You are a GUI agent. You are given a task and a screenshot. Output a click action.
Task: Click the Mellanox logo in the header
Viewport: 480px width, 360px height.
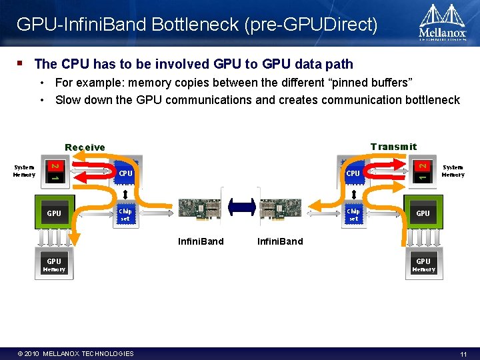(442, 23)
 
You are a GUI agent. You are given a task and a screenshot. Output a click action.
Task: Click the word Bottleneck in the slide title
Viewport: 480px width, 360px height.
(196, 25)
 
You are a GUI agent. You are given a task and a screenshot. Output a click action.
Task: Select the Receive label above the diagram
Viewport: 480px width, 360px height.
(85, 147)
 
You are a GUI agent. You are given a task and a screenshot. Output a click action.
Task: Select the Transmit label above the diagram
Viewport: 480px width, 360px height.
(393, 147)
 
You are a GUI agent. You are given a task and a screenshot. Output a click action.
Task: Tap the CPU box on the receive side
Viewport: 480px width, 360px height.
(125, 174)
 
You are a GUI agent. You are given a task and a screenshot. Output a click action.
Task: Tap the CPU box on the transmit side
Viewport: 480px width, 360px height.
(353, 173)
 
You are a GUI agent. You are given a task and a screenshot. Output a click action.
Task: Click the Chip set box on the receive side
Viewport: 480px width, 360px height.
(125, 214)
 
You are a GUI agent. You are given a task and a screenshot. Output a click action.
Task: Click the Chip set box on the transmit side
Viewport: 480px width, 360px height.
(353, 214)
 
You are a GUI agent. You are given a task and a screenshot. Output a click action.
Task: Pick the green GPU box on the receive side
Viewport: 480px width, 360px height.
(54, 213)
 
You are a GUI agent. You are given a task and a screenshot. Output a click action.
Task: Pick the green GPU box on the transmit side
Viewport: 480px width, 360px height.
(423, 213)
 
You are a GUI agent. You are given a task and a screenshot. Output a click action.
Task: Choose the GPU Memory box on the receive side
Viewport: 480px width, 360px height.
(54, 265)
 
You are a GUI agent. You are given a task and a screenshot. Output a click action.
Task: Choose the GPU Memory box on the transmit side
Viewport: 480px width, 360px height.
(423, 265)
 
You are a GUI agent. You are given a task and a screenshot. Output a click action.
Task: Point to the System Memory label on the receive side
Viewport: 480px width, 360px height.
(24, 171)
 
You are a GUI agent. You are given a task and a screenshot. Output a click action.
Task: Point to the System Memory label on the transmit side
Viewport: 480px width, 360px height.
(453, 171)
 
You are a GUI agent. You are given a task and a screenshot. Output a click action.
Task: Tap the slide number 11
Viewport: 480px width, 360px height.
(463, 353)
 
